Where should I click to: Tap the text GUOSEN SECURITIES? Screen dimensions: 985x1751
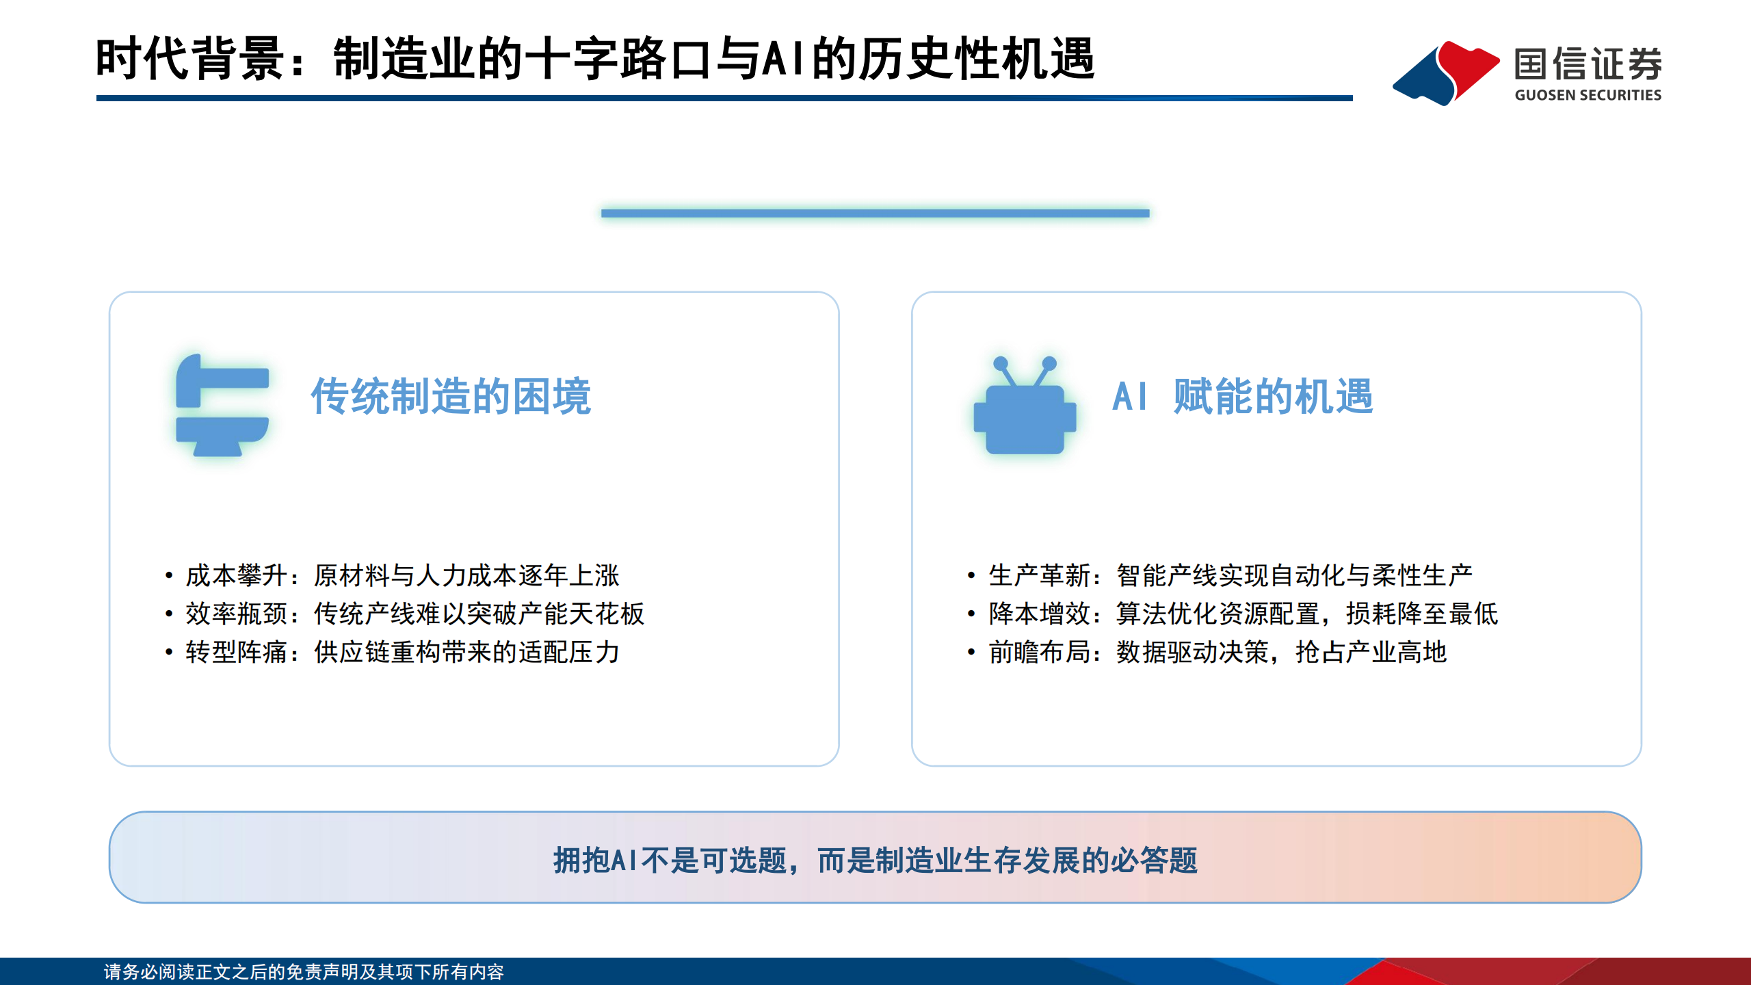point(1588,95)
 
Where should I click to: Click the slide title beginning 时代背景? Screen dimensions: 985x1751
point(595,59)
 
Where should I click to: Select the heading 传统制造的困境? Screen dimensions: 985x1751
point(451,396)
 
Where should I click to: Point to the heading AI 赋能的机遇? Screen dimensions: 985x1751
point(1242,396)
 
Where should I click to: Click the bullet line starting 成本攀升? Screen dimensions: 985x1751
point(402,575)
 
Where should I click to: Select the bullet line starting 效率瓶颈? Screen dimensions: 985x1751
point(414,614)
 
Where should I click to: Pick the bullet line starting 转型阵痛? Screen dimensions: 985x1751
point(402,652)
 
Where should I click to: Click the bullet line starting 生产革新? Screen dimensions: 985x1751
point(1230,575)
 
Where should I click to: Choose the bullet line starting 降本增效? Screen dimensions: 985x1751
point(1243,614)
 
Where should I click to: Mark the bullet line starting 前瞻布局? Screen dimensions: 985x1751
point(1217,652)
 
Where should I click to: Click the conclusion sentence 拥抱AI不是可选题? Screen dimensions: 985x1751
point(875,860)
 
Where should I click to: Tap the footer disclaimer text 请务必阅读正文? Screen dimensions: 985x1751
point(304,971)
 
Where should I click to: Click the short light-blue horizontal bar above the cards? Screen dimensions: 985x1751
point(875,213)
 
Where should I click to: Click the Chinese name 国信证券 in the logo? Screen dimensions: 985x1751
point(1588,65)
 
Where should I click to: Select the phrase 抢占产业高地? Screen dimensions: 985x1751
point(1371,652)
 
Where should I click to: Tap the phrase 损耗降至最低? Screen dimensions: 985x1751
point(1421,614)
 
